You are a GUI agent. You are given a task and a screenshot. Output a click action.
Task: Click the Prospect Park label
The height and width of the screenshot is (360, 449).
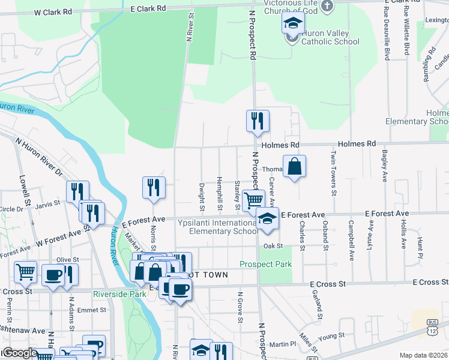tap(265, 264)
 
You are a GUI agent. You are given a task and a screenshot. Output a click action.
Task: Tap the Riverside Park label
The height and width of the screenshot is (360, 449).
tap(120, 294)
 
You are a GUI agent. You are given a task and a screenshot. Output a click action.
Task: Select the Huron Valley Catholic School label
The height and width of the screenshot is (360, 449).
tap(330, 37)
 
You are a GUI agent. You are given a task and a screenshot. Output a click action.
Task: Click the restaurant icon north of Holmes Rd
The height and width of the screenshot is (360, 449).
tap(258, 121)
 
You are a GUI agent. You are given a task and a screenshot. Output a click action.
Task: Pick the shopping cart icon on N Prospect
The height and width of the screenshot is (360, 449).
tap(254, 200)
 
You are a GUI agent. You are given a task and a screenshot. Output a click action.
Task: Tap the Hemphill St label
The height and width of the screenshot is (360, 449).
tap(220, 195)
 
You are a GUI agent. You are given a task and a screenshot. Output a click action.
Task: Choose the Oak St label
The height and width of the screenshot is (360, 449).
tap(272, 246)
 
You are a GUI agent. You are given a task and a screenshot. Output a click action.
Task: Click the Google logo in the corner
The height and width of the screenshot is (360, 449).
tap(19, 353)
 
